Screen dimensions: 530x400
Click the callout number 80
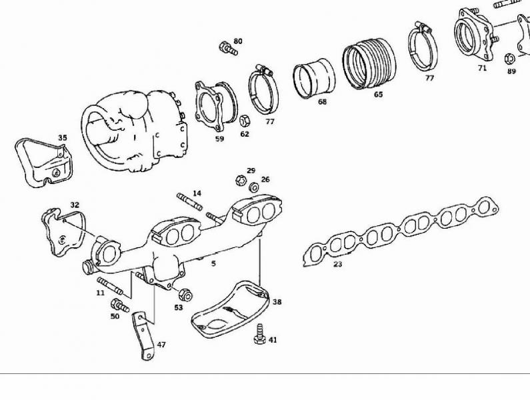tap(238, 41)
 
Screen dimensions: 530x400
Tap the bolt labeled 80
tap(229, 48)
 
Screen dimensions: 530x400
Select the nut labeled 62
tap(245, 120)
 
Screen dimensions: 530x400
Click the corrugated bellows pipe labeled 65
tap(369, 63)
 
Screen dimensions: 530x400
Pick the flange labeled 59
tap(216, 105)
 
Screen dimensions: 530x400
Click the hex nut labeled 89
tap(509, 59)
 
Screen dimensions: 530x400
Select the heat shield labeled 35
tap(43, 162)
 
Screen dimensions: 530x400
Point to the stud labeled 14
tap(189, 201)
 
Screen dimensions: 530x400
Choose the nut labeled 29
tap(240, 180)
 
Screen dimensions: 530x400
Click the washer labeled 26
tap(254, 187)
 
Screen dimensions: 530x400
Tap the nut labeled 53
tap(185, 295)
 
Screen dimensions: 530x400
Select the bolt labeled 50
tap(119, 305)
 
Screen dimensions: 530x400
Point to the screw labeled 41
tap(259, 334)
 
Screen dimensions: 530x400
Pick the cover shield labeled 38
tap(230, 309)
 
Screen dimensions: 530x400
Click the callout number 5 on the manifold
tap(213, 263)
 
